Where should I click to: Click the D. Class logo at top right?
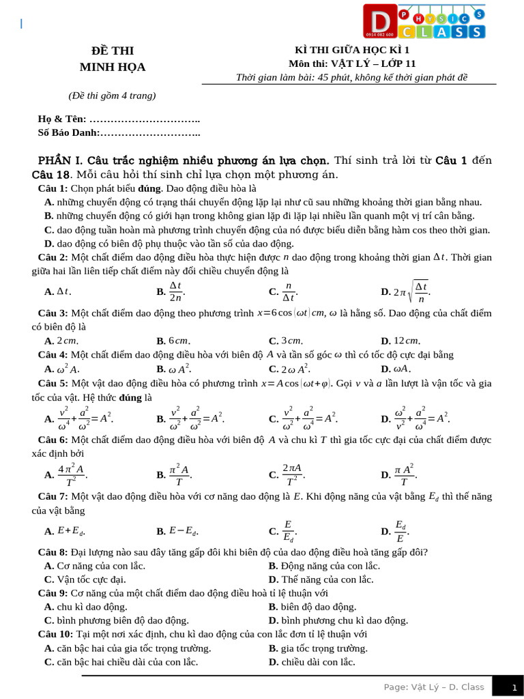pos(424,22)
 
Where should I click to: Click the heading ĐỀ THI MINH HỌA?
pos(113,59)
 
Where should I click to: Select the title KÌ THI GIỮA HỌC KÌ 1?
pos(352,50)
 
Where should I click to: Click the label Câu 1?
pos(53,188)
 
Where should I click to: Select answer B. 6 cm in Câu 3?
pos(173,341)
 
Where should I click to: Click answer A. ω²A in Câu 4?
pos(62,369)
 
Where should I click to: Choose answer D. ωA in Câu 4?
pos(396,369)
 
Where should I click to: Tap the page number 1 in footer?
pos(514,687)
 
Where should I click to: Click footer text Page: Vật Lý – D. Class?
pos(434,687)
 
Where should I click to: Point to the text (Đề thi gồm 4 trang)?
pos(113,96)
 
